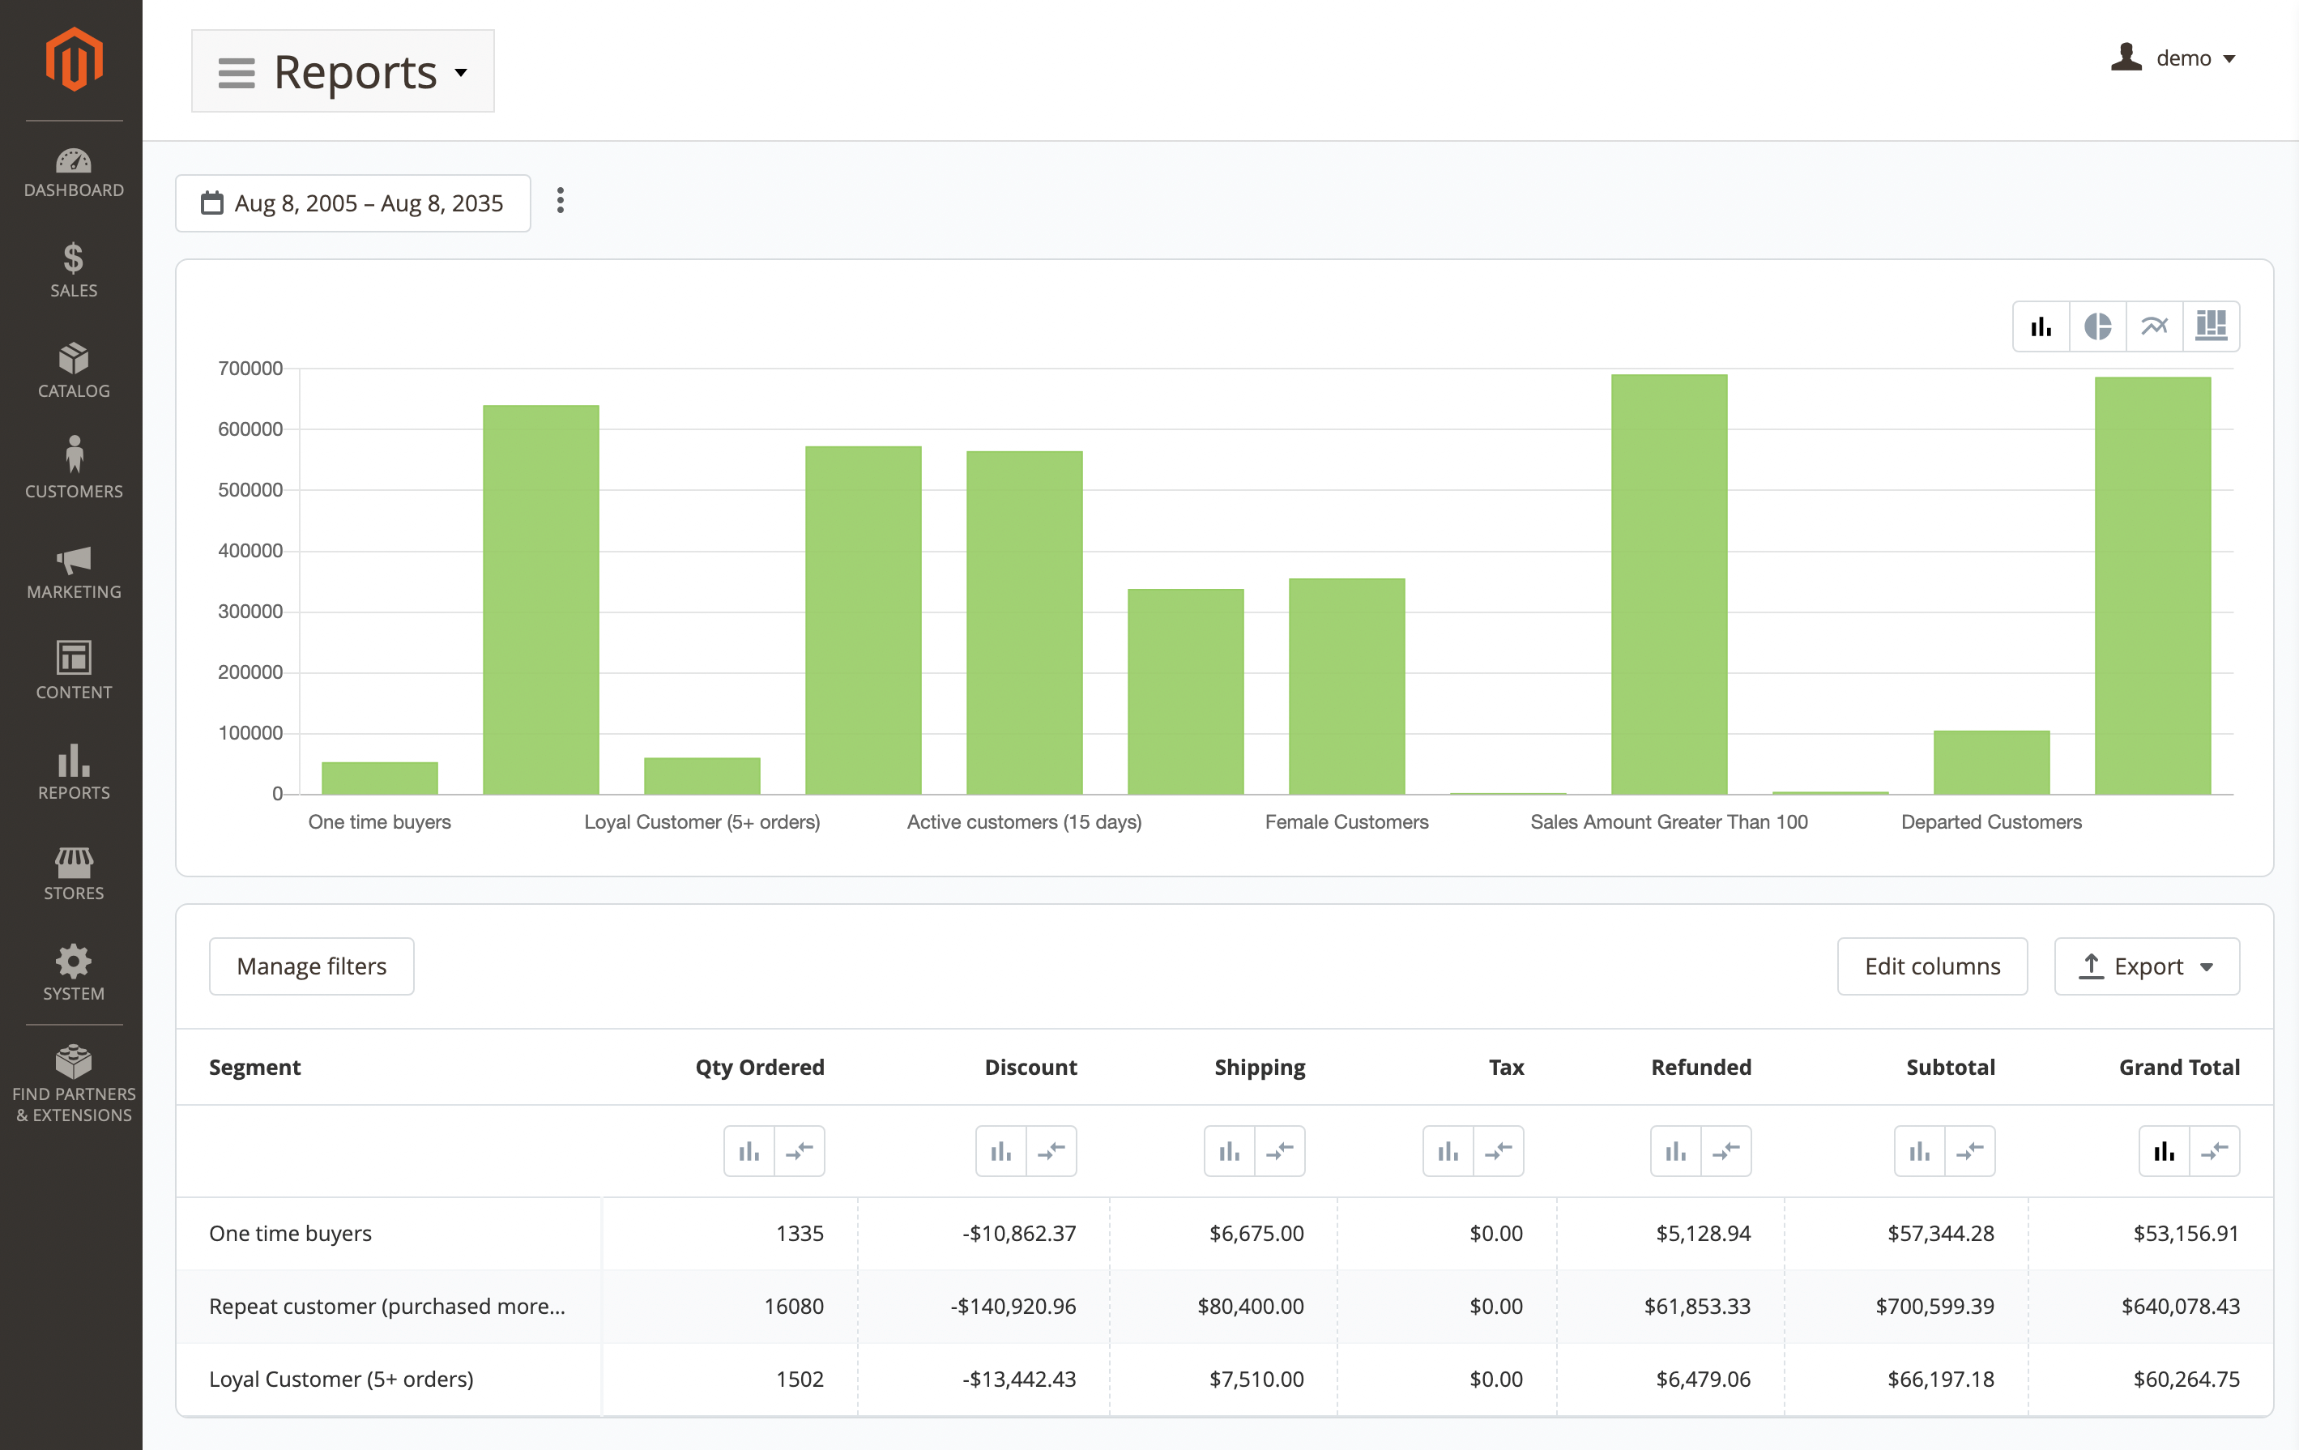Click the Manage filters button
[x=311, y=966]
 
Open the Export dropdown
[x=2145, y=966]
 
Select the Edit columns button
[x=1931, y=966]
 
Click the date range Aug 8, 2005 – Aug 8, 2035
[x=353, y=203]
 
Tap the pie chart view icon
[x=2096, y=326]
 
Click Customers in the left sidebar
[x=74, y=467]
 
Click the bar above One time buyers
[x=380, y=777]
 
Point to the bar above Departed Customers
[x=1990, y=761]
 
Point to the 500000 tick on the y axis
[x=250, y=490]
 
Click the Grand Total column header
[x=2179, y=1067]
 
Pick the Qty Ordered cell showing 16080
[x=793, y=1306]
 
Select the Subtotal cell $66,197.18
[x=1940, y=1380]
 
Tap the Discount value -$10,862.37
[x=1019, y=1234]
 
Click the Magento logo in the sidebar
[x=74, y=59]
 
